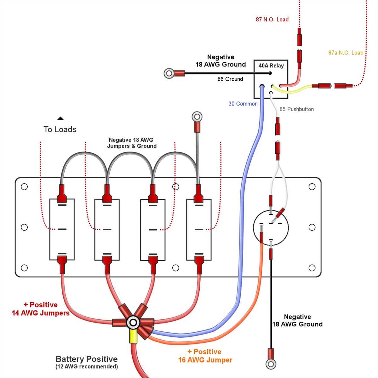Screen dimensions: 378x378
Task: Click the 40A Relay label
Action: click(271, 66)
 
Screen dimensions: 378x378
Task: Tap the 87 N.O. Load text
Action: click(272, 20)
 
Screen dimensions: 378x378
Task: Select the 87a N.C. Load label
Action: click(346, 53)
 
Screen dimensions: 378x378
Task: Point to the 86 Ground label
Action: click(230, 79)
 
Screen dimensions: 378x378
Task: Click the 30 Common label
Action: click(243, 104)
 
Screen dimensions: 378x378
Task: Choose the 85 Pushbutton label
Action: click(296, 109)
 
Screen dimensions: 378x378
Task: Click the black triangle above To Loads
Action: click(60, 119)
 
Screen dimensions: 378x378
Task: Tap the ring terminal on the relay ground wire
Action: click(169, 73)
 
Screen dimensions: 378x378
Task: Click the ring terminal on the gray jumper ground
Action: click(197, 117)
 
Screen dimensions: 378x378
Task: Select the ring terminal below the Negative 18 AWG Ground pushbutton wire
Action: click(271, 364)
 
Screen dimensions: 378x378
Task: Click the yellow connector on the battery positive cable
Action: click(133, 337)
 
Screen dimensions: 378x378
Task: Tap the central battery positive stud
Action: click(133, 323)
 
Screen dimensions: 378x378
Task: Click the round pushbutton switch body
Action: click(271, 227)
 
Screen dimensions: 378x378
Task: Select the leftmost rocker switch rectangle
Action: click(62, 229)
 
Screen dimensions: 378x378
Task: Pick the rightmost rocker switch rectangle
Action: click(199, 229)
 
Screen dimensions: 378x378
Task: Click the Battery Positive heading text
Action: click(87, 359)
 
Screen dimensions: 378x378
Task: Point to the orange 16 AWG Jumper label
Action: click(205, 356)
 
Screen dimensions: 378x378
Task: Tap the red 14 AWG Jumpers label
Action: click(41, 309)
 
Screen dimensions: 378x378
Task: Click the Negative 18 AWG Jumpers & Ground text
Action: click(131, 143)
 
